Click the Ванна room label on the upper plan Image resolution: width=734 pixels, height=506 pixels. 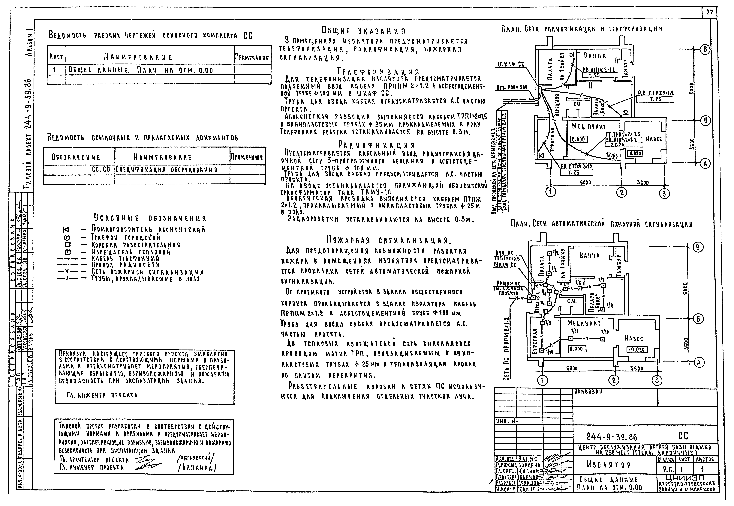[595, 56]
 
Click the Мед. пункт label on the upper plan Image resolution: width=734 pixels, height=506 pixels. [584, 126]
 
